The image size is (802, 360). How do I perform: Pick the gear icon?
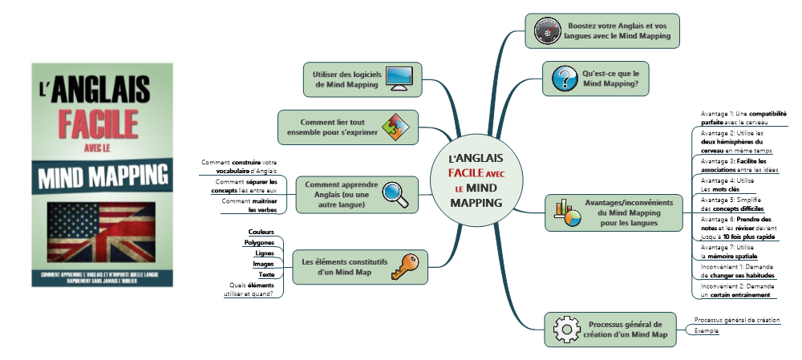565,329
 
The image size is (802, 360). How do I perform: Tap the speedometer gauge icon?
547,31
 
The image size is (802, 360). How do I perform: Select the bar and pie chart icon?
567,213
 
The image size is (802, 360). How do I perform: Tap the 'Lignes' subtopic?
265,253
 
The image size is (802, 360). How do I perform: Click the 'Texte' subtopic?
267,274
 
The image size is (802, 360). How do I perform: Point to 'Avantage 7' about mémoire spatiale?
730,251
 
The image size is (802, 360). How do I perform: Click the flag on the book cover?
101,232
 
